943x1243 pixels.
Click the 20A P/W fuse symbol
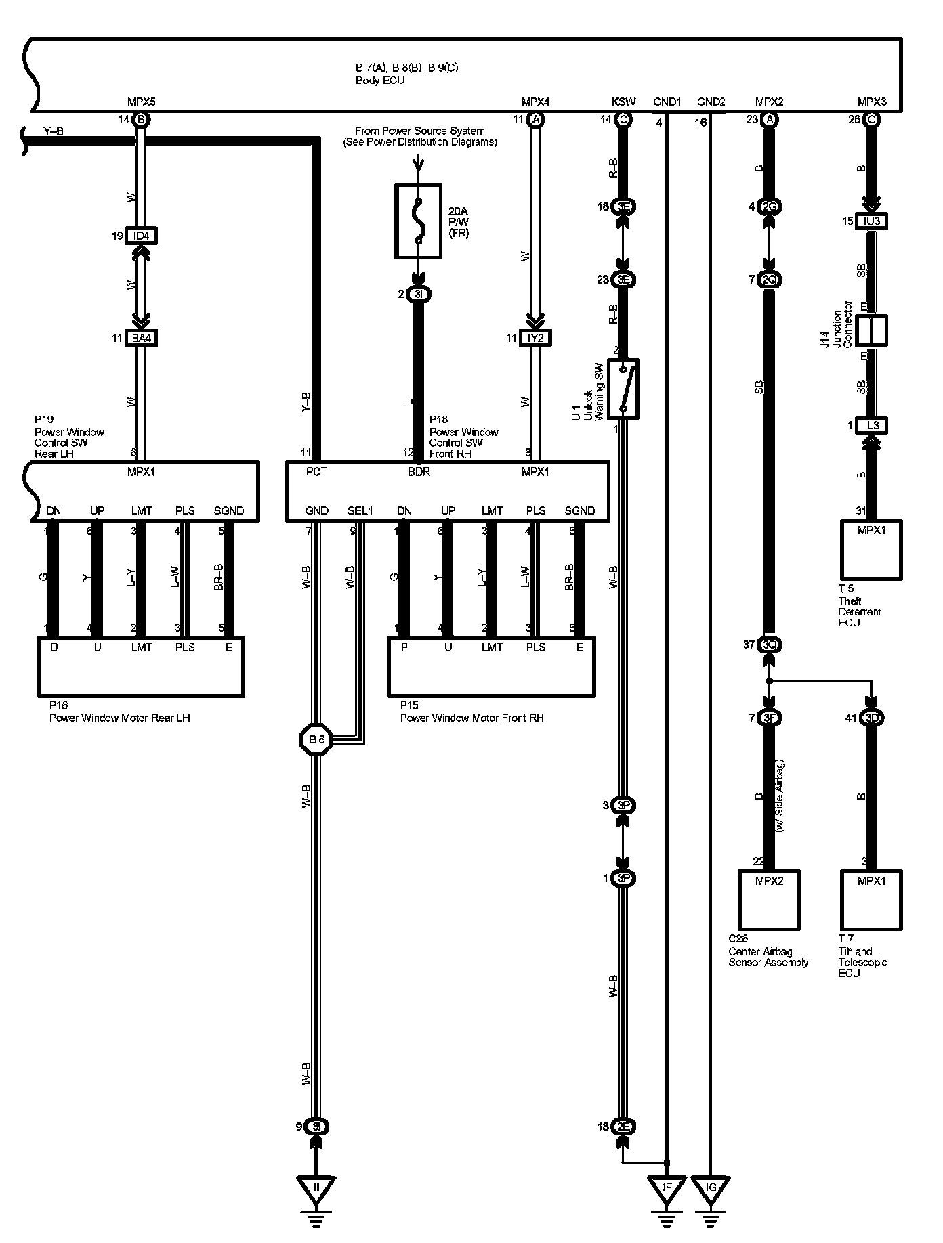pos(418,221)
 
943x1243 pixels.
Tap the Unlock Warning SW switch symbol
pos(623,389)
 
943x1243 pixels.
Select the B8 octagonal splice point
pos(316,739)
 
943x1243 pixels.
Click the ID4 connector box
pos(141,236)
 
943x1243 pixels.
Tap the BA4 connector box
pos(141,338)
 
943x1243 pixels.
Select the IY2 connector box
pos(535,338)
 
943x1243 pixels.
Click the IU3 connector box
pos(871,221)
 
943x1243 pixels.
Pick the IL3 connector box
pos(871,425)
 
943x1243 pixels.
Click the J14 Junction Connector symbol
pos(871,330)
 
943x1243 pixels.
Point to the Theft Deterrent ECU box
pos(871,549)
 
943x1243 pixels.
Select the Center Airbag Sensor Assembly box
pos(768,900)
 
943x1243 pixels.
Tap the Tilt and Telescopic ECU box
pos(871,900)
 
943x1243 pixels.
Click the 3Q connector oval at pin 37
pos(769,645)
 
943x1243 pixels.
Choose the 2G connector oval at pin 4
pos(769,207)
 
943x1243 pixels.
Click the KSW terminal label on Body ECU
pos(623,102)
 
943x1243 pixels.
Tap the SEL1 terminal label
pos(360,510)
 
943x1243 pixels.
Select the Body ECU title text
pos(380,80)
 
